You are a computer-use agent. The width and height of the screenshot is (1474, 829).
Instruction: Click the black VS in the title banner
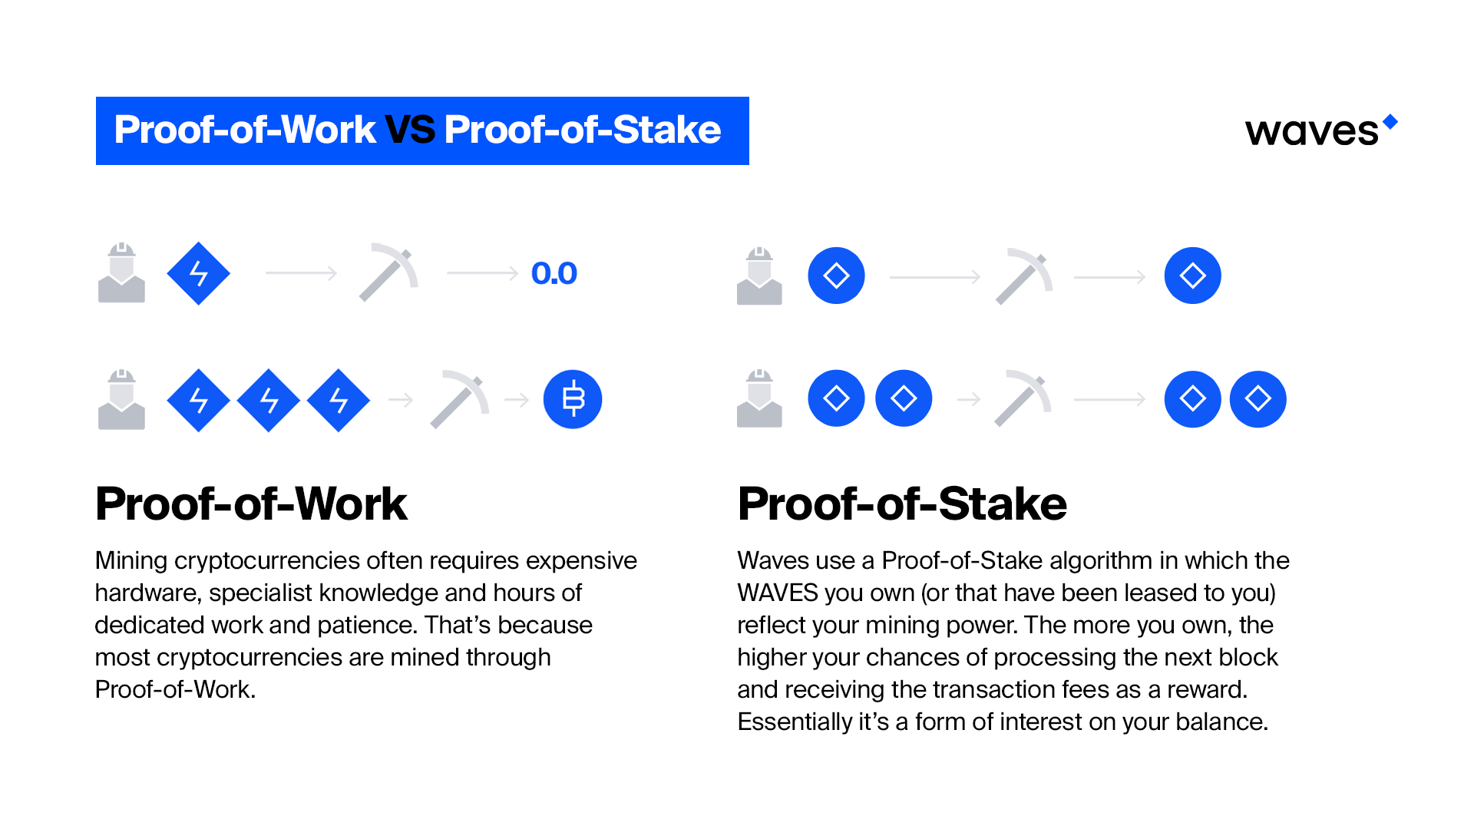pos(410,130)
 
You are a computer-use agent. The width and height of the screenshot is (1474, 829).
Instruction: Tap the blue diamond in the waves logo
pos(1390,121)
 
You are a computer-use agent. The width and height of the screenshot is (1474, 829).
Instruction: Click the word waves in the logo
pos(1311,132)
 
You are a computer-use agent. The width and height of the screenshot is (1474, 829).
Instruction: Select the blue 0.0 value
pos(554,273)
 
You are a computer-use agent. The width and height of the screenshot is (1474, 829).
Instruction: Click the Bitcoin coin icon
pos(573,399)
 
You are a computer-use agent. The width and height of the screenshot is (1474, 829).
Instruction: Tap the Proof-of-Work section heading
pos(251,504)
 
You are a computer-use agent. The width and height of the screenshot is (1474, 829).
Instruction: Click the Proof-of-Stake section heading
pos(901,504)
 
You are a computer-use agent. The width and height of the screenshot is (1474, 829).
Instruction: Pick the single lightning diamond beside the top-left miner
pos(198,273)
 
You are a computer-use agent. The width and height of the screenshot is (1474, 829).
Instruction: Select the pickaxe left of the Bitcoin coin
pos(460,398)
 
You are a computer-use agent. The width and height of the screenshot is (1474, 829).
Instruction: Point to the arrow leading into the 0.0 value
pos(482,273)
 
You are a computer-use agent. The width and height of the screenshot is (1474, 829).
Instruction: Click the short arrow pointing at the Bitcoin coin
pos(517,400)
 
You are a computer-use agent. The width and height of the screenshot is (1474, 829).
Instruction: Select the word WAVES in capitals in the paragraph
pos(777,593)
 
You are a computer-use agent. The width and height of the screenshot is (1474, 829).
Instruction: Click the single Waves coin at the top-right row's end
pos(1192,276)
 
